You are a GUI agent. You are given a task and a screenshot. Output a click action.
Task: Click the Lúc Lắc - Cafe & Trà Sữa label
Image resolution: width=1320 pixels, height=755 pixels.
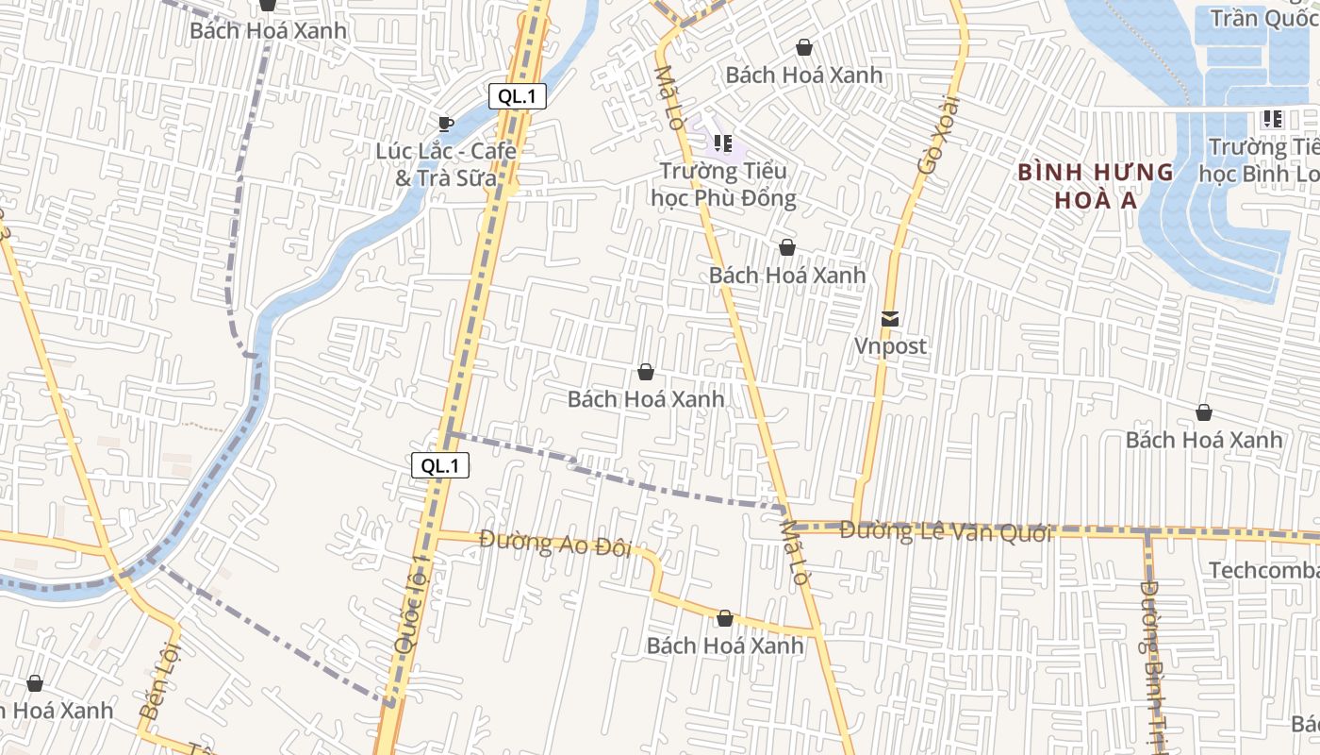pyautogui.click(x=446, y=164)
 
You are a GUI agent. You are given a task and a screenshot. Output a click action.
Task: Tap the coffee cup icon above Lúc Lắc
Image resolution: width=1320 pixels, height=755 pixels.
pyautogui.click(x=446, y=123)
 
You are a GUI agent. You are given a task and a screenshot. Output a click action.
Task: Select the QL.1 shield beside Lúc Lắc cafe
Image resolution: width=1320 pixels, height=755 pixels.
pyautogui.click(x=518, y=95)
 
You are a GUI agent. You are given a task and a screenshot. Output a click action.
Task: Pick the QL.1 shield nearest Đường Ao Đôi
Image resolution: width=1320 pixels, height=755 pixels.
pyautogui.click(x=440, y=465)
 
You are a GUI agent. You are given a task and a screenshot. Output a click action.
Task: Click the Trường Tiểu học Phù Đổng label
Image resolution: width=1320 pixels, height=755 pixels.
pyautogui.click(x=723, y=184)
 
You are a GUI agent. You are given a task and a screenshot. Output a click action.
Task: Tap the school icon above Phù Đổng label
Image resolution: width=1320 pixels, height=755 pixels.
pyautogui.click(x=723, y=143)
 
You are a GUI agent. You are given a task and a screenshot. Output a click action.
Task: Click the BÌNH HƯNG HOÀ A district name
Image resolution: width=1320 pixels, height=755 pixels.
pyautogui.click(x=1096, y=186)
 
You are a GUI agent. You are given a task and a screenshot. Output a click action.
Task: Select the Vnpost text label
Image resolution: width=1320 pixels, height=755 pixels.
pyautogui.click(x=890, y=346)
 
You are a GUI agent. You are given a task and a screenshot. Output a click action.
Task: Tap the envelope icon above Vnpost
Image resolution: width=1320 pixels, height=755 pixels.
pyautogui.click(x=890, y=319)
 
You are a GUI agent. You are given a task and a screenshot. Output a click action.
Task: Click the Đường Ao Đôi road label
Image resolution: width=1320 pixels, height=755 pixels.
pyautogui.click(x=554, y=544)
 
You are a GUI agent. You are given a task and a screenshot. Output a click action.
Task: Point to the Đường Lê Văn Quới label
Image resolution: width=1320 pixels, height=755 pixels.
pyautogui.click(x=945, y=532)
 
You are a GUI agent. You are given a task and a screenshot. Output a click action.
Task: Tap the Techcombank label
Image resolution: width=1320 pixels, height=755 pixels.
pyautogui.click(x=1263, y=570)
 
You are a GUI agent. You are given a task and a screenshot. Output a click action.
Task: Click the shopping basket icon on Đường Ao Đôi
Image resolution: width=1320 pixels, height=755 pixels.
pyautogui.click(x=725, y=618)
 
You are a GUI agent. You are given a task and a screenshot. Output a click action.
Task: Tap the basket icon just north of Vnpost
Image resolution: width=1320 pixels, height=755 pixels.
pyautogui.click(x=787, y=247)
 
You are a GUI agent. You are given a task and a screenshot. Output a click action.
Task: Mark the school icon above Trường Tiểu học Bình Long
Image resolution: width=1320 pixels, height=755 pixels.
pyautogui.click(x=1272, y=119)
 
